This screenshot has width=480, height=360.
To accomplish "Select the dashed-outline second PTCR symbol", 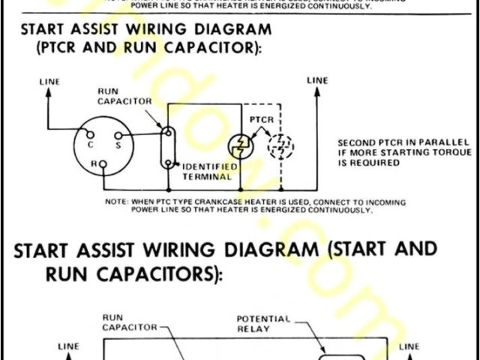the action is (282, 148).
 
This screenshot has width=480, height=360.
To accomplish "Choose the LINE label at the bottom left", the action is (68, 346).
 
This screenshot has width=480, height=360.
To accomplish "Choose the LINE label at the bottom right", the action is (409, 346).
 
